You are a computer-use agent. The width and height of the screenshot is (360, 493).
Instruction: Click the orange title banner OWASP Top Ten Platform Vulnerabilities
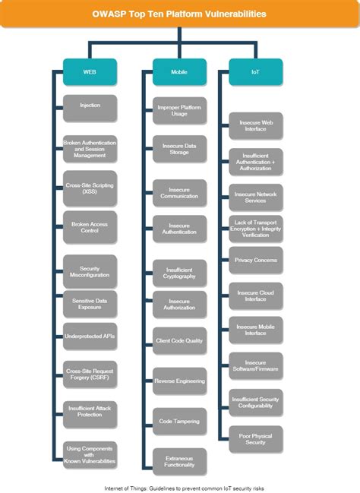(180, 14)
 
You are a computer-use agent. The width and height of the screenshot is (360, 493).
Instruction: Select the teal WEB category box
(90, 72)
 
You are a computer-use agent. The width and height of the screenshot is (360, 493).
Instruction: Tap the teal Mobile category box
(179, 72)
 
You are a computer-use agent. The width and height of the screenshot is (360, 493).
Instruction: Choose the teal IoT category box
(255, 72)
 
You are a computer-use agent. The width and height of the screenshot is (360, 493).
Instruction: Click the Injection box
(90, 107)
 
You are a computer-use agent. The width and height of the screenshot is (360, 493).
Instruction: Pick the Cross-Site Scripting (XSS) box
(90, 189)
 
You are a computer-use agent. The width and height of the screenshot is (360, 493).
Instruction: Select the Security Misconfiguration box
(90, 272)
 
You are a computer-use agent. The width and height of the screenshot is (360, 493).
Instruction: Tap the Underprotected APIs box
(90, 335)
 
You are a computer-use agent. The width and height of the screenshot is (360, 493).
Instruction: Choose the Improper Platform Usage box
(179, 111)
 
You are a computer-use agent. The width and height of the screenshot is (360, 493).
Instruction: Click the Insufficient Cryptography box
(179, 272)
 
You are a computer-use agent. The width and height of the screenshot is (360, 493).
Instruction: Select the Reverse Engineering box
(179, 381)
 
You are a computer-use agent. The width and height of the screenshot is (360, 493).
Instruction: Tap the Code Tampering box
(179, 421)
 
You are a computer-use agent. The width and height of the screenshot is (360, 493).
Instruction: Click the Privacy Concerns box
(255, 260)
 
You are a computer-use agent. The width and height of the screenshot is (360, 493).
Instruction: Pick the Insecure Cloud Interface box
(255, 296)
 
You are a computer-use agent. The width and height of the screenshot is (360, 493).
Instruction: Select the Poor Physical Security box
(255, 438)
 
